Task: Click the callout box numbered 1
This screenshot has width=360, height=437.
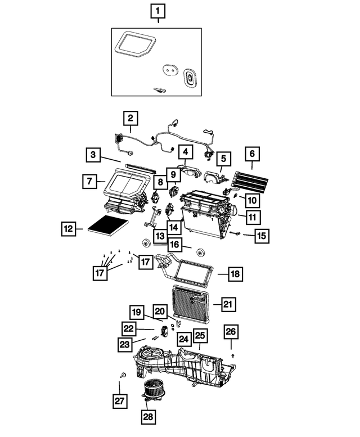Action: (157, 11)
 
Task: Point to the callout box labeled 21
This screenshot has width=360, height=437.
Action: (228, 304)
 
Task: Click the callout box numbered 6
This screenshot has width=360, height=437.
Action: (252, 152)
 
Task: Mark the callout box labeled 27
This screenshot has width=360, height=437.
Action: (119, 402)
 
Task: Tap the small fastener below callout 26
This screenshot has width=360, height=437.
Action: (233, 356)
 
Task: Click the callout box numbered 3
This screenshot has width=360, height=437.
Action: (94, 154)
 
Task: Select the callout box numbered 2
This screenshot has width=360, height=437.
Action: (130, 119)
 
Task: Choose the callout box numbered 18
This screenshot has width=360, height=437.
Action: (235, 274)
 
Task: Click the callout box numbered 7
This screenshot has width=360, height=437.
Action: (89, 181)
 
